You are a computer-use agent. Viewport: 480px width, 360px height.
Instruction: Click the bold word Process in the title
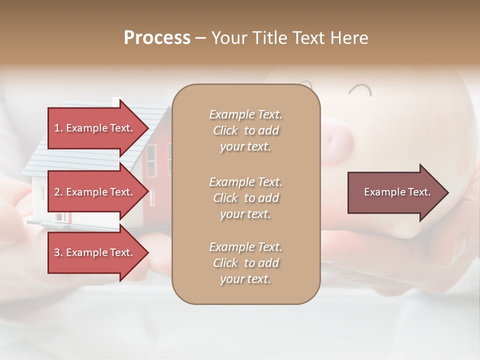pyautogui.click(x=157, y=38)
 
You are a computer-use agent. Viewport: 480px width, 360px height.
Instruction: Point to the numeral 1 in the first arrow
pyautogui.click(x=57, y=128)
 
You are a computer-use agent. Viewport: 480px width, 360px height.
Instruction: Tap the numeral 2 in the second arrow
pyautogui.click(x=57, y=192)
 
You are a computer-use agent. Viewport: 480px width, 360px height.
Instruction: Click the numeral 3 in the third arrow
pyautogui.click(x=57, y=252)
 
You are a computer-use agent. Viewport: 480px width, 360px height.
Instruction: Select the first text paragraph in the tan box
pyautogui.click(x=245, y=130)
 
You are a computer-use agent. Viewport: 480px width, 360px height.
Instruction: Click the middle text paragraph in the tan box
pyautogui.click(x=245, y=198)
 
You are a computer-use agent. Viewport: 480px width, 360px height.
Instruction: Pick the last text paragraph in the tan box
pyautogui.click(x=245, y=263)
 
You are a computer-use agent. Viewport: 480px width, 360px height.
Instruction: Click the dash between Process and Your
pyautogui.click(x=201, y=38)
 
